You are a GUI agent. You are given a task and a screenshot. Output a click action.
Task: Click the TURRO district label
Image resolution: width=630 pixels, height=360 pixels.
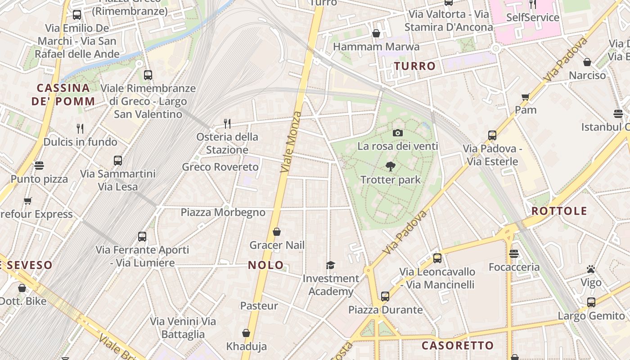click(x=415, y=66)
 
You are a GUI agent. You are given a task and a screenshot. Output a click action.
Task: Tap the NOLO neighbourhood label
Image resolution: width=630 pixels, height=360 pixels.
click(x=266, y=265)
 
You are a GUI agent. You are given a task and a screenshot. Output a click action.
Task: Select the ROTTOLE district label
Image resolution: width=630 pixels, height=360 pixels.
click(x=559, y=211)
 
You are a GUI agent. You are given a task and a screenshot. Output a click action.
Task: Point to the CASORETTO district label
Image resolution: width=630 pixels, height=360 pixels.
click(x=458, y=346)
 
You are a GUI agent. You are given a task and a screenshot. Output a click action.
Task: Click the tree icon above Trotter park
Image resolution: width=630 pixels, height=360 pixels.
click(x=390, y=166)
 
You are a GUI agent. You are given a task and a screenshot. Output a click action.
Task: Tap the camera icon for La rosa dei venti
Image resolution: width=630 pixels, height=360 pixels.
click(x=397, y=133)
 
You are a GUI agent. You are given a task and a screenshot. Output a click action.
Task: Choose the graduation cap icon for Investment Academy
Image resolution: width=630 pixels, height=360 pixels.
click(x=330, y=265)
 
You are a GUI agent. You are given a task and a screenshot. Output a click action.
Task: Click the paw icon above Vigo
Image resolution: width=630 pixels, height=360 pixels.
click(x=591, y=269)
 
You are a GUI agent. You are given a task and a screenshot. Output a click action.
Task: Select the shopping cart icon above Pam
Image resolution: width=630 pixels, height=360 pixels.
click(x=525, y=97)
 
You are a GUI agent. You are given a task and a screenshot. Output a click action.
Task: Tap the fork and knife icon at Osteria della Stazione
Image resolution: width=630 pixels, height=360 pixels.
click(x=227, y=123)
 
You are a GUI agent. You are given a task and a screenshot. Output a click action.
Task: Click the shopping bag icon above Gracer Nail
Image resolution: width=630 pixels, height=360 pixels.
click(x=277, y=232)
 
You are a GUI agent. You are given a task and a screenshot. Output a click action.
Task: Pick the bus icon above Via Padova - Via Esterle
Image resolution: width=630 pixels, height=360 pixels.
click(x=492, y=135)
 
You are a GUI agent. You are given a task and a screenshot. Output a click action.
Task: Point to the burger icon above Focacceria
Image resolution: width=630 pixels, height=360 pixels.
click(x=514, y=254)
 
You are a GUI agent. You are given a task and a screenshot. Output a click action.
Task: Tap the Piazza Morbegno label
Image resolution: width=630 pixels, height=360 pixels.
click(x=223, y=212)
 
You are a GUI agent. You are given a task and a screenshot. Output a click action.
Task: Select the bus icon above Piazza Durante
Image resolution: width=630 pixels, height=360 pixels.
click(x=385, y=296)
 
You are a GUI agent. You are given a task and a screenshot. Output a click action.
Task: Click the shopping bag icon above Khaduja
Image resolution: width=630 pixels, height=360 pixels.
click(x=246, y=333)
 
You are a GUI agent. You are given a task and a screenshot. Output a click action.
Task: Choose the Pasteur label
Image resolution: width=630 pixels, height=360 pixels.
click(x=259, y=306)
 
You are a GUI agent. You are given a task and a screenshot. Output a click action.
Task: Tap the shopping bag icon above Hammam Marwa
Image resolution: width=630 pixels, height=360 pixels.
click(x=376, y=33)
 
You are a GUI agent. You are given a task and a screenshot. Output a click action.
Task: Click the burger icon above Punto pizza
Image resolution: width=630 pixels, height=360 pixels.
click(x=39, y=166)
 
